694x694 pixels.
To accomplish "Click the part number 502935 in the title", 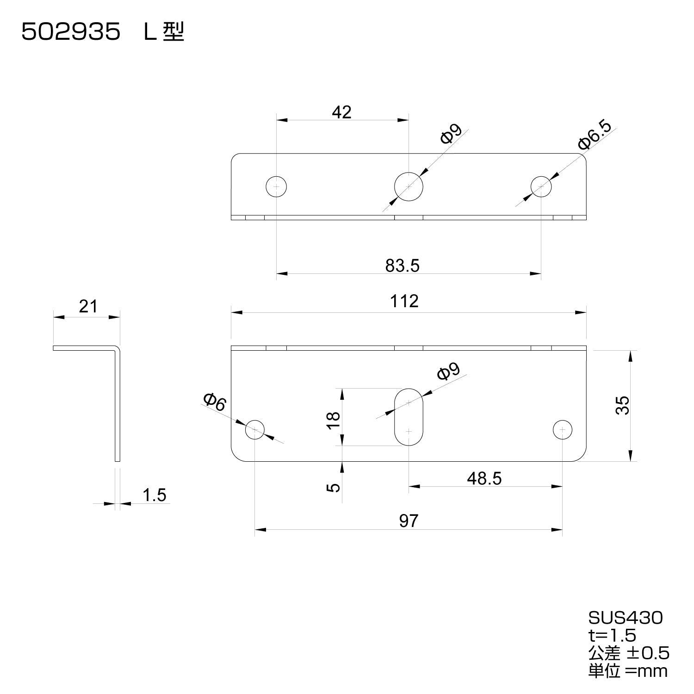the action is click(71, 33).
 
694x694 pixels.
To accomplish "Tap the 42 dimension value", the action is click(342, 112).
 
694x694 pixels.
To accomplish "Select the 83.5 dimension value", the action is click(402, 266).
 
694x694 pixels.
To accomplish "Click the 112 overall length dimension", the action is click(404, 301).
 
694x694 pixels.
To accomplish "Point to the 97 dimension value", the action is click(409, 521).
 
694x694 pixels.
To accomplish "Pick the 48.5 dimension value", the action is click(484, 478).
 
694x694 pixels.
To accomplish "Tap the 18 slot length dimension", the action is click(334, 420).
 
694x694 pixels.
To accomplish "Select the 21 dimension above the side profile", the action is click(88, 306).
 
